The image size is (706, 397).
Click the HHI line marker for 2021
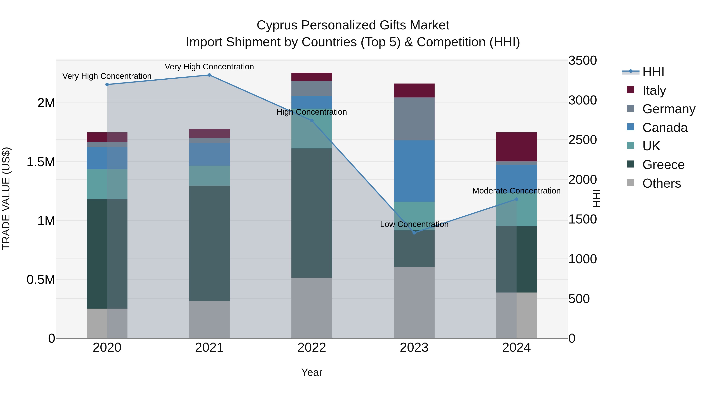(x=209, y=75)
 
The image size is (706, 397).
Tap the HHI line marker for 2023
(x=414, y=233)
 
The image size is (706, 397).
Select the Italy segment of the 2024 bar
(x=516, y=147)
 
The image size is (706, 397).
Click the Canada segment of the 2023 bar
(x=414, y=171)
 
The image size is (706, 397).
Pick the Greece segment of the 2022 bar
(x=312, y=213)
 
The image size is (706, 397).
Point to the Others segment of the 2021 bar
(x=209, y=320)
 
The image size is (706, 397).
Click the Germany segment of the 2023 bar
(x=414, y=119)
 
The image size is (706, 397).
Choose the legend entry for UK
(x=651, y=146)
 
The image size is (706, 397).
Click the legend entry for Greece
(x=663, y=165)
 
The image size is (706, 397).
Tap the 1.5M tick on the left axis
(x=41, y=162)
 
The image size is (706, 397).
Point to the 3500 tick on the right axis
(x=582, y=61)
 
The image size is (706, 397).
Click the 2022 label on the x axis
(x=312, y=348)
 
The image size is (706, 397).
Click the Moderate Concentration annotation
(x=516, y=191)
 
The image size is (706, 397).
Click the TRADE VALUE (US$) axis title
(x=6, y=198)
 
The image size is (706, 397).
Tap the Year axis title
(x=312, y=372)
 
